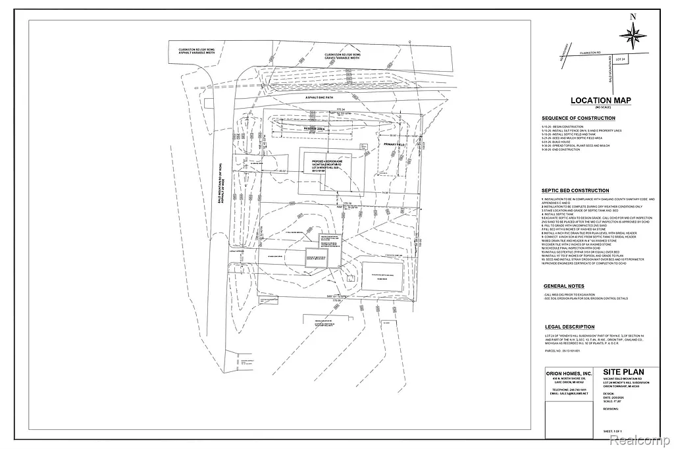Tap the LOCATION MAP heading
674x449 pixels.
600,101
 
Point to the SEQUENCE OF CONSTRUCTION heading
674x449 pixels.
578,119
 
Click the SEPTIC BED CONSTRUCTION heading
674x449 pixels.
575,191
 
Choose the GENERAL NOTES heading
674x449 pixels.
563,286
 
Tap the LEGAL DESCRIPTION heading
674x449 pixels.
569,327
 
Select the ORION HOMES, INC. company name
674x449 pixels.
569,374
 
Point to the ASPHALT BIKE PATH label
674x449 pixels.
318,97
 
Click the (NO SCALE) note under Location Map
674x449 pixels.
600,107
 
